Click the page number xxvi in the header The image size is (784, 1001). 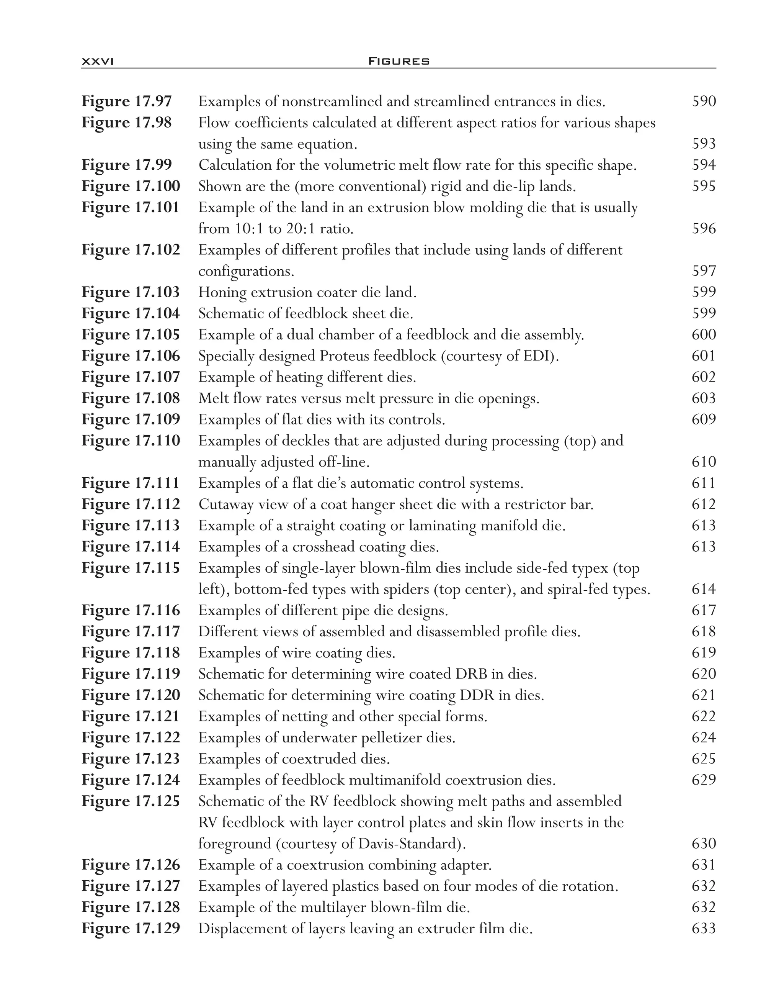tap(97, 61)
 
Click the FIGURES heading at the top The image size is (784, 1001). tap(399, 61)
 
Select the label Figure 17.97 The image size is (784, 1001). tap(127, 101)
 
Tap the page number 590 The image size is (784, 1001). tap(704, 101)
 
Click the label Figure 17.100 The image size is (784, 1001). tap(131, 186)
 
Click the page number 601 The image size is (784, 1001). tap(704, 356)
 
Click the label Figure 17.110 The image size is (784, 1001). tap(131, 441)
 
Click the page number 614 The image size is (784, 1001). tap(704, 590)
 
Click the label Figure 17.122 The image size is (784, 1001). tap(131, 738)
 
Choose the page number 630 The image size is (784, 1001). tap(704, 844)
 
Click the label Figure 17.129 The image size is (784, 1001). tap(131, 929)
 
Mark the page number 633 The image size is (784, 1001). tap(704, 929)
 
